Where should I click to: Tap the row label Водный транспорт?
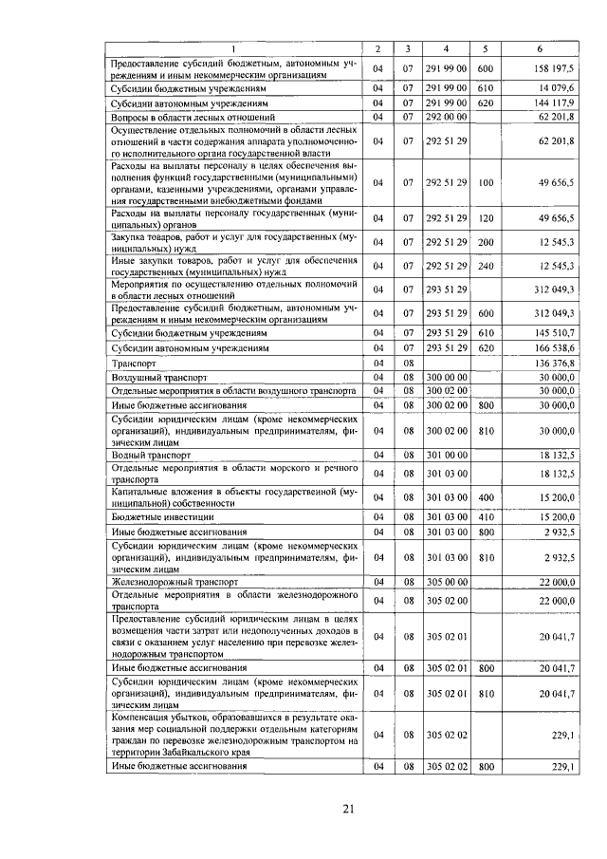pos(146,456)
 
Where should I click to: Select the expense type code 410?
pos(486,517)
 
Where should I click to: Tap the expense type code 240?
pos(486,266)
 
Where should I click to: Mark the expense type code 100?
pos(486,183)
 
